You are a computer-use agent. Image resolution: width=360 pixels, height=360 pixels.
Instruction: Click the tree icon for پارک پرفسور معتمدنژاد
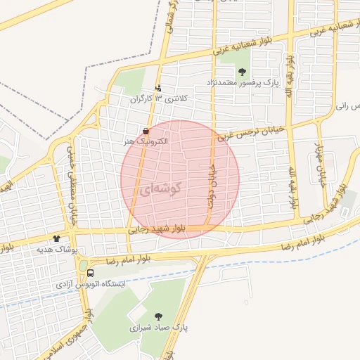(x=243, y=71)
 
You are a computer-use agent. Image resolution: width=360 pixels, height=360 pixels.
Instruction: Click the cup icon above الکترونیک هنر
(x=146, y=131)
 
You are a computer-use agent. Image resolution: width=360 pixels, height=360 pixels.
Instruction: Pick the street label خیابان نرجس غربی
(x=250, y=131)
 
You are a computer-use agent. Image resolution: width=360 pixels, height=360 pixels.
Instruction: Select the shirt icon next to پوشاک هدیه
(x=56, y=239)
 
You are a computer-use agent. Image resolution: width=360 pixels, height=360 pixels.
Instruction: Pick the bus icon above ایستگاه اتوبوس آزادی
(x=90, y=274)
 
